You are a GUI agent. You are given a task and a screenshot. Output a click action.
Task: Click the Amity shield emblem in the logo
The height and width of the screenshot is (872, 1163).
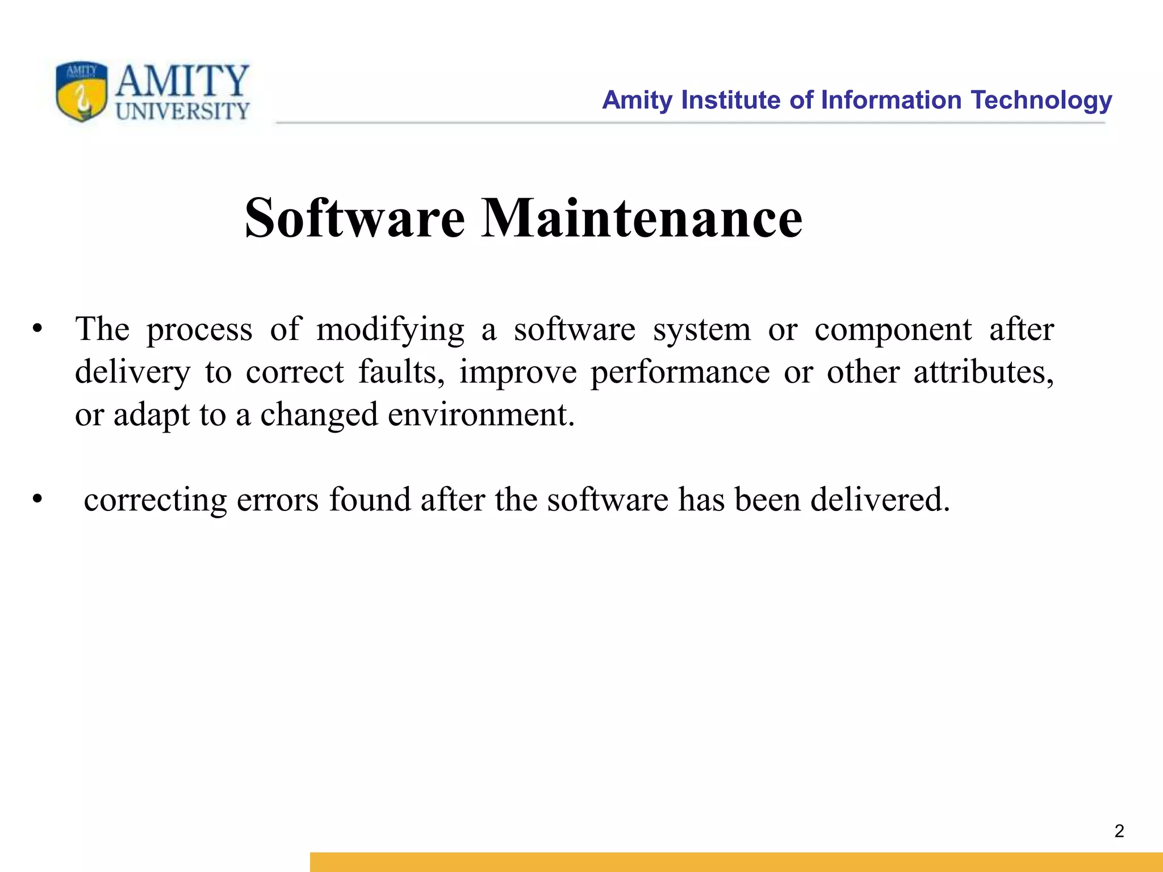coord(81,91)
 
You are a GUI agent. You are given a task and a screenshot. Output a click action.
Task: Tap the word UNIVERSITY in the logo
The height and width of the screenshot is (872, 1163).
coord(182,111)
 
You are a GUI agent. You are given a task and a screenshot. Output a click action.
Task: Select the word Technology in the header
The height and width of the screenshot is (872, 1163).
coord(1041,100)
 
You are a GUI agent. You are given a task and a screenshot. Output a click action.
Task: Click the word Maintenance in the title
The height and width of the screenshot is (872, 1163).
coord(642,219)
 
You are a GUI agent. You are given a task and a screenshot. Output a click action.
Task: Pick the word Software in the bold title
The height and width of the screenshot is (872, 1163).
coord(354,219)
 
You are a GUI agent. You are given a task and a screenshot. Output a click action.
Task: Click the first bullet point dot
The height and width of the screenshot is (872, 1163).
coord(37,329)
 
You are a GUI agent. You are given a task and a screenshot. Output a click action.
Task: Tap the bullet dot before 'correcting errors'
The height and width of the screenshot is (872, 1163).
coord(37,499)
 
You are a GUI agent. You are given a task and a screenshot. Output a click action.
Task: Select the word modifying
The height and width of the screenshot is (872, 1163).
coord(390,330)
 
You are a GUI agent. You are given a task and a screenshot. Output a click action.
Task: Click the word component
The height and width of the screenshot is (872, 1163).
coord(893,330)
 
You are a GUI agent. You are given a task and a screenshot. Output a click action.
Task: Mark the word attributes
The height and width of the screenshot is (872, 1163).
coord(983,372)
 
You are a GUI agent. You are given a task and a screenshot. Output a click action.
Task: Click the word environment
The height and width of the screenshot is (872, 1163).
coord(481,415)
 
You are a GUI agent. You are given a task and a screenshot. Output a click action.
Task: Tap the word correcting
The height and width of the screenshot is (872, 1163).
coord(155,500)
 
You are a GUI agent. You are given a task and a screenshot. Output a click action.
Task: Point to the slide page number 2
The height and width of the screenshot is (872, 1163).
coord(1119,831)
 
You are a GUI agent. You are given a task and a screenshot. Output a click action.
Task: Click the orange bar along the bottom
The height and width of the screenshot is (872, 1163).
coord(736,862)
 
